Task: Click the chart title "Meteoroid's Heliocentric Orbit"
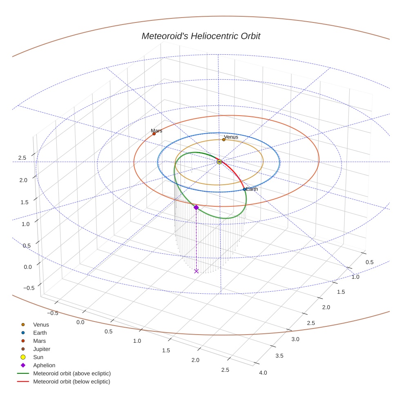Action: point(201,36)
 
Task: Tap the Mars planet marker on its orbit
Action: point(154,134)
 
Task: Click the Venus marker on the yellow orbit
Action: point(224,140)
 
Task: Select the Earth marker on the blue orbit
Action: point(244,189)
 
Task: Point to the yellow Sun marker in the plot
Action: point(219,162)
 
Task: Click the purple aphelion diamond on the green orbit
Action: point(196,208)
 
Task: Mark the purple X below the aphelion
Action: point(197,271)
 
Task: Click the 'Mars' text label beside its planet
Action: point(156,130)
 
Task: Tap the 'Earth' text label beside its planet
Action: point(252,189)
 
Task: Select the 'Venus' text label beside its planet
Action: point(231,137)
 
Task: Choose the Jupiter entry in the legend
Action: point(42,349)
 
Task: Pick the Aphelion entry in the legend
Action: point(44,365)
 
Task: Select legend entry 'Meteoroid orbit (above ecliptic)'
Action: point(72,373)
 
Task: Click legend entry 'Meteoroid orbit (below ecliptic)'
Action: point(71,382)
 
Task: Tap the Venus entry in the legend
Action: point(41,324)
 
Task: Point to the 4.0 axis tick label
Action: point(263,373)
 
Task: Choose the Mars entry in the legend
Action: point(39,341)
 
